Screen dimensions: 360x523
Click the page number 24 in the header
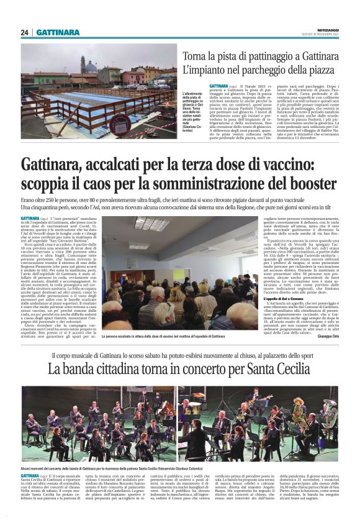25,32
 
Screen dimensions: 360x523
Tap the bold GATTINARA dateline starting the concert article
32,475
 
